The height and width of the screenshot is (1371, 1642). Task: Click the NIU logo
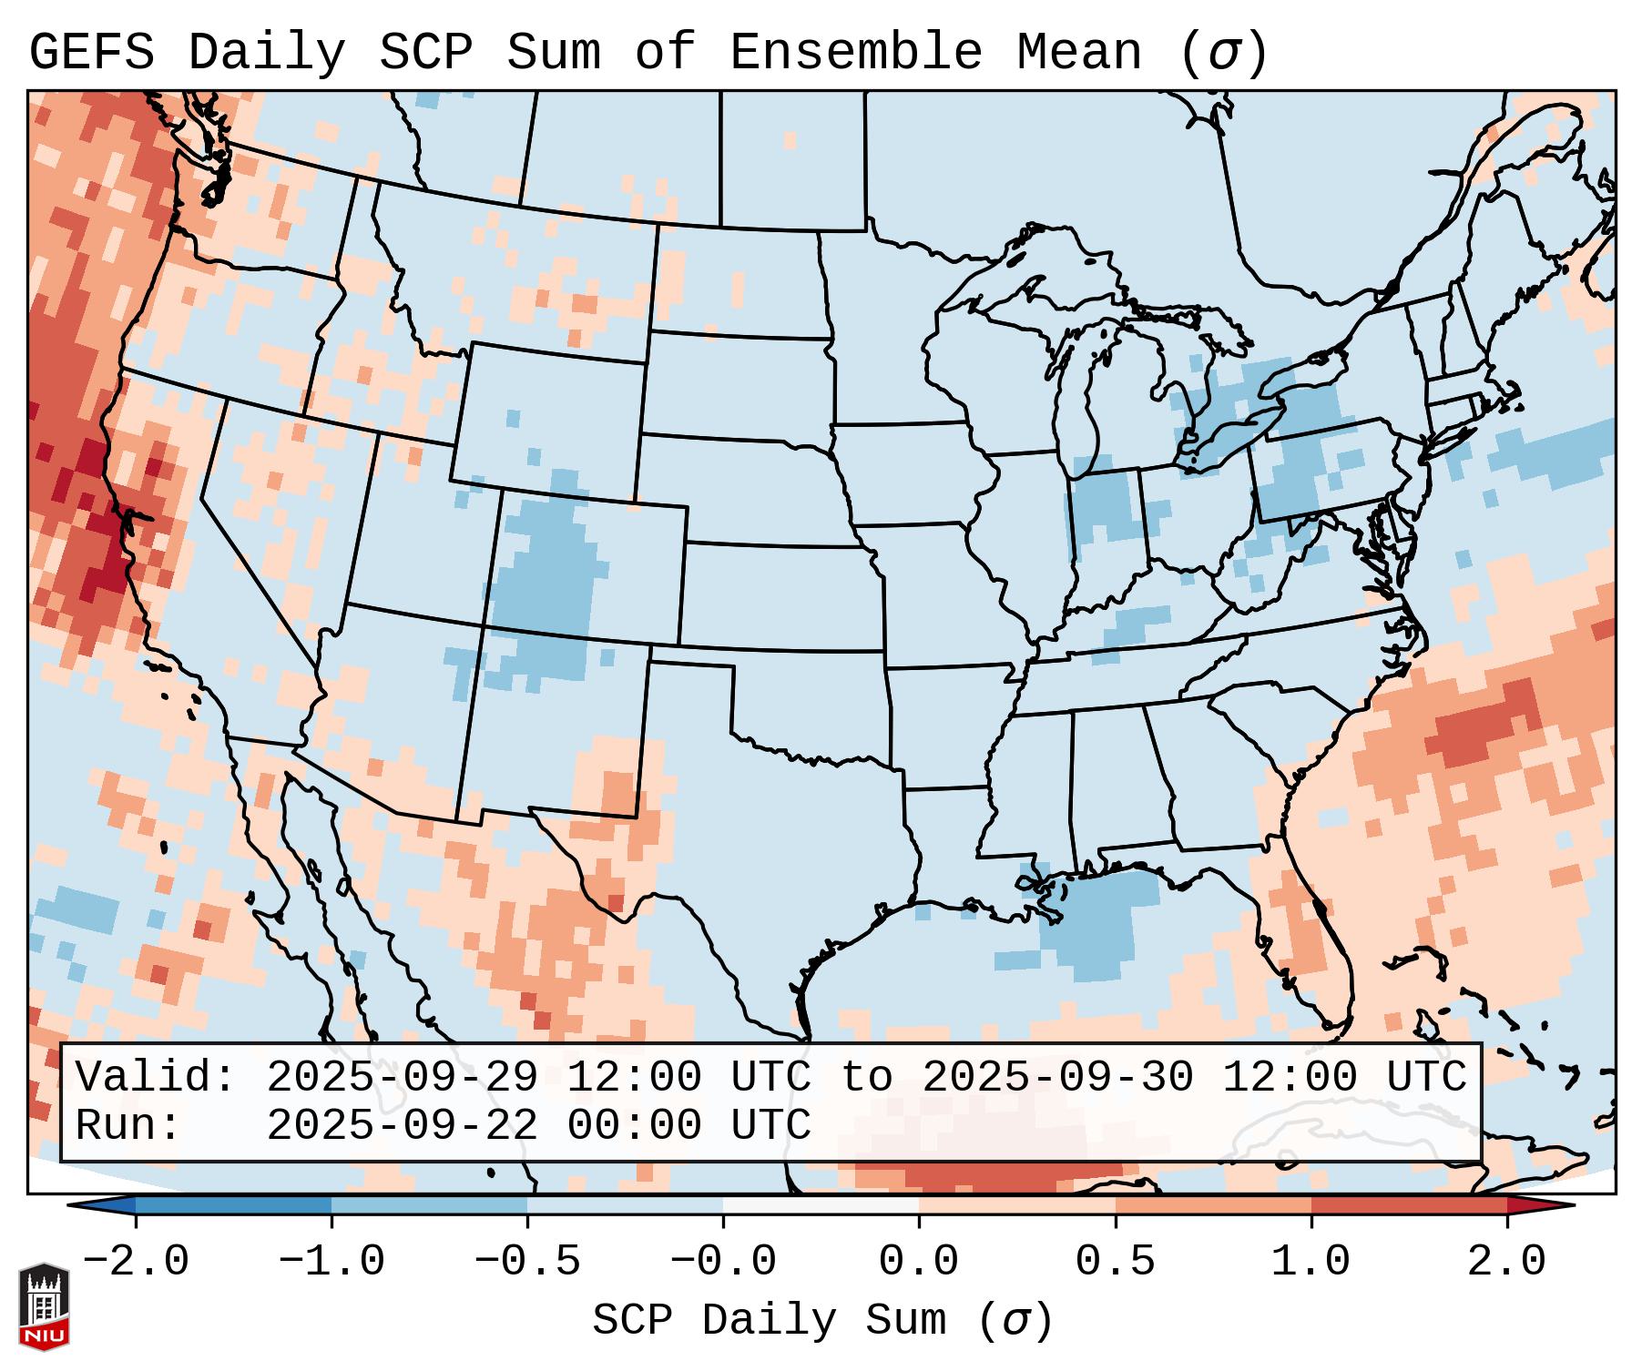(x=44, y=1306)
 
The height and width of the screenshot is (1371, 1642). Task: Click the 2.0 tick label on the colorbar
(x=1506, y=1262)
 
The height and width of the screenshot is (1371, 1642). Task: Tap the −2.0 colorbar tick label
(x=136, y=1262)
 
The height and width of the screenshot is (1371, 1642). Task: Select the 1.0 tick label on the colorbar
(x=1311, y=1262)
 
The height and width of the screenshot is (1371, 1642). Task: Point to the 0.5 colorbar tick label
(x=1115, y=1262)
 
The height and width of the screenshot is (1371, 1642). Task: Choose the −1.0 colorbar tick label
(x=331, y=1262)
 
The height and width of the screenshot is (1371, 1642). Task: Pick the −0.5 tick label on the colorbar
(x=527, y=1262)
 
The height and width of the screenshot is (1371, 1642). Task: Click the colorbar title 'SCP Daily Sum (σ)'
(x=822, y=1321)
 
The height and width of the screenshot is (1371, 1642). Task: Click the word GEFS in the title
(x=91, y=53)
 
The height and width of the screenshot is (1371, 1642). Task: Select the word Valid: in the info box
(x=156, y=1078)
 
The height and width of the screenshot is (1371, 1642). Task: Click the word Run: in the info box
(x=128, y=1125)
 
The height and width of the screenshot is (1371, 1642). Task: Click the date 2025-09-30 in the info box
(x=1057, y=1078)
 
